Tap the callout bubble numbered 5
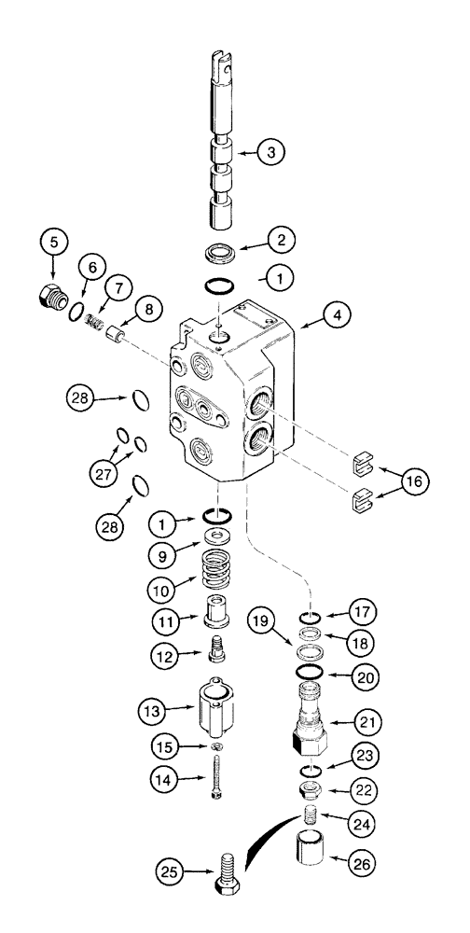(53, 242)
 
